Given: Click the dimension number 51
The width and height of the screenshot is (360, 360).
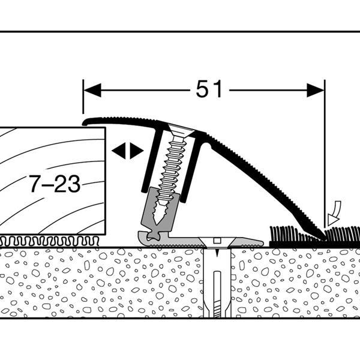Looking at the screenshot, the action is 209,89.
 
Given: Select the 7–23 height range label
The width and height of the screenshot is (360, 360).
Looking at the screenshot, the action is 55,184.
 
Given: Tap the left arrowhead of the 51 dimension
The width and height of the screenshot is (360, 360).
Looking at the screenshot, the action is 92,90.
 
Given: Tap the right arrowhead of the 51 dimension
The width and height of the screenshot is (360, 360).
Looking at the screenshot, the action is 316,90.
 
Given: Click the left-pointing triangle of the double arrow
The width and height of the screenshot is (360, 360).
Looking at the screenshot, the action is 119,151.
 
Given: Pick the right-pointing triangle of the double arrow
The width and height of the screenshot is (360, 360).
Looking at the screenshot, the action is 136,151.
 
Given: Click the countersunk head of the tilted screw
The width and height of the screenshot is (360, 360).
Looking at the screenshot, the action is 181,130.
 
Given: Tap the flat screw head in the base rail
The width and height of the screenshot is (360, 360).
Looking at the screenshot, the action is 217,242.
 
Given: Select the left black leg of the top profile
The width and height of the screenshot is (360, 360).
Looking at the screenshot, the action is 152,161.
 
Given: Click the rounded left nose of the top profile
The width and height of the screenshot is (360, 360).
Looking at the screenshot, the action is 85,123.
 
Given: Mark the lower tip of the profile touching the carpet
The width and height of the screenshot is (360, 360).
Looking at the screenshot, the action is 324,238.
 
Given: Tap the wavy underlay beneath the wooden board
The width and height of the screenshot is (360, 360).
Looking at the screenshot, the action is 49,241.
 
